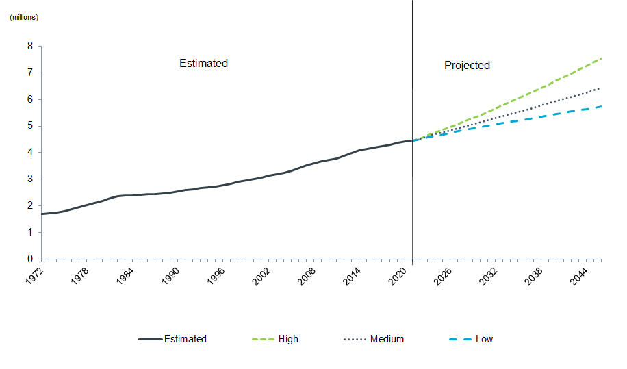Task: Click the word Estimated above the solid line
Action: pos(203,63)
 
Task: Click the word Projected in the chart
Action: pos(467,65)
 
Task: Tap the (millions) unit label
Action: pos(24,17)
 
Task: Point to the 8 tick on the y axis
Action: pos(30,47)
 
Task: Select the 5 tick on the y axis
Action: pos(30,126)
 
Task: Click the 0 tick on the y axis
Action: pos(30,259)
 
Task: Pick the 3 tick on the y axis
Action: pos(30,179)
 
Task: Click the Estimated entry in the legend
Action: pos(185,339)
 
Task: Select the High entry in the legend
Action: pos(288,339)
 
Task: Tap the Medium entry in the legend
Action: pos(387,339)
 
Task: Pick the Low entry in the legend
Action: pos(484,339)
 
